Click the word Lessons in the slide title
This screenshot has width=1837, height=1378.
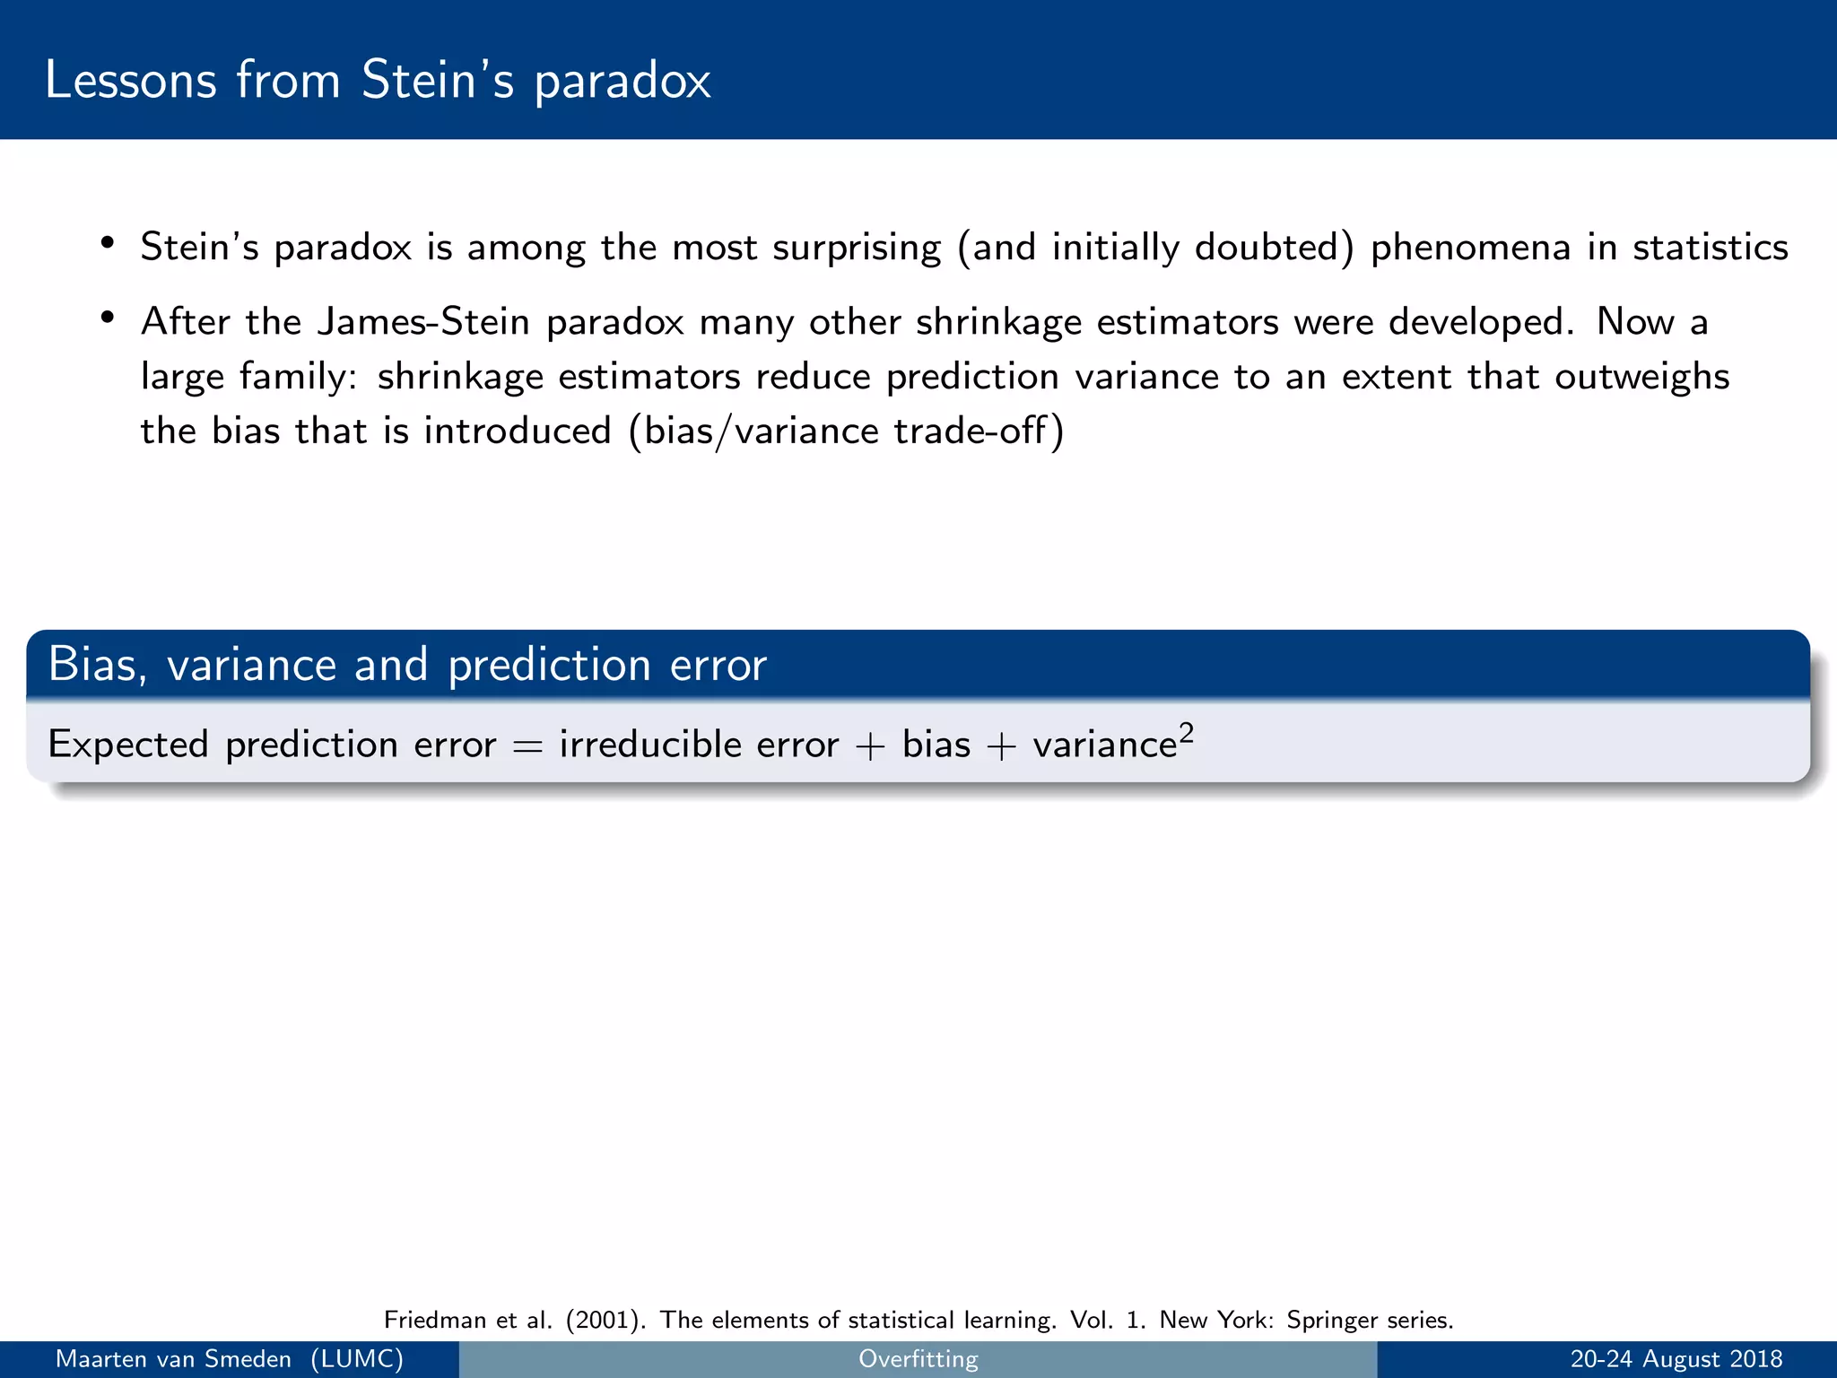tap(130, 80)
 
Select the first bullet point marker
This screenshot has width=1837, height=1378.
tap(108, 243)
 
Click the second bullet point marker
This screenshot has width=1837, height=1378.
tap(108, 318)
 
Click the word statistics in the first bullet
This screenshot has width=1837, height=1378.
tap(1710, 248)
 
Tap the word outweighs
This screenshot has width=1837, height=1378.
tap(1641, 377)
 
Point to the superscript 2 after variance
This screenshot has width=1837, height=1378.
tap(1186, 733)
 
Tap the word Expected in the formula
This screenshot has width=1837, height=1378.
tap(127, 746)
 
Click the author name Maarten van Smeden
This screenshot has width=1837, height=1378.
tap(173, 1359)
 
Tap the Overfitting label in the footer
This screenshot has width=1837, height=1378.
tap(918, 1359)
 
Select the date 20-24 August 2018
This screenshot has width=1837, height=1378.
tap(1676, 1359)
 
